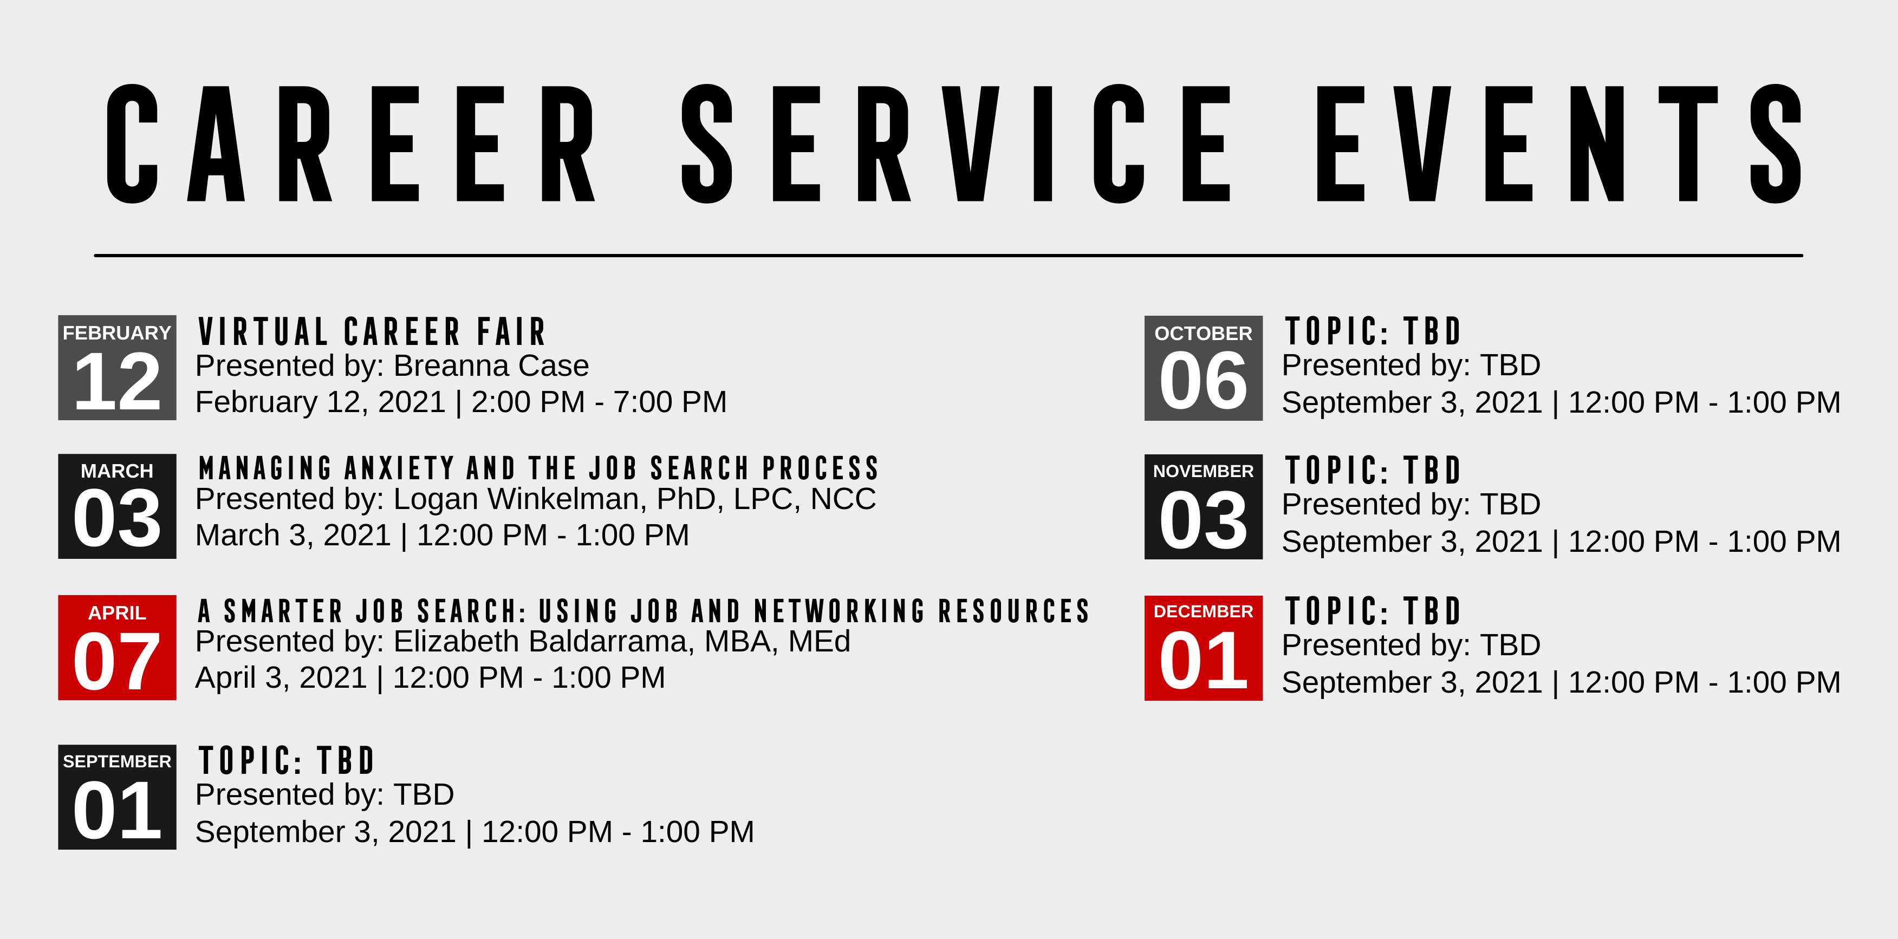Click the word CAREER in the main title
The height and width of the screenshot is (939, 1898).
[x=350, y=143]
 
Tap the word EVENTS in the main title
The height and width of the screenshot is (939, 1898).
[x=1559, y=143]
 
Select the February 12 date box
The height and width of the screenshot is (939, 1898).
[x=117, y=368]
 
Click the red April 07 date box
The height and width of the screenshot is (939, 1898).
[x=117, y=647]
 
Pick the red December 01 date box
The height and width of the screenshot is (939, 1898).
[x=1203, y=648]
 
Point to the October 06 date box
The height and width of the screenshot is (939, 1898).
[x=1203, y=368]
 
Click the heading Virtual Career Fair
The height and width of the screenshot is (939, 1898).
[x=372, y=331]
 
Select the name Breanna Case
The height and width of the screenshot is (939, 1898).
[x=491, y=366]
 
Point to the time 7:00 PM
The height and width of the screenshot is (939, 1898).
[x=669, y=402]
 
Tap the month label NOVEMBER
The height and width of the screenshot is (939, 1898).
[x=1203, y=471]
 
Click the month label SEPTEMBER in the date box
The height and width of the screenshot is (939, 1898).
[x=117, y=761]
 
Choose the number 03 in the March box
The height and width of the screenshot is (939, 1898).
[x=117, y=519]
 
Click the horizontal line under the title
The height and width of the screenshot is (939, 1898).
[x=948, y=256]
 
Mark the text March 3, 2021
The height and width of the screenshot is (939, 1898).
[x=293, y=536]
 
